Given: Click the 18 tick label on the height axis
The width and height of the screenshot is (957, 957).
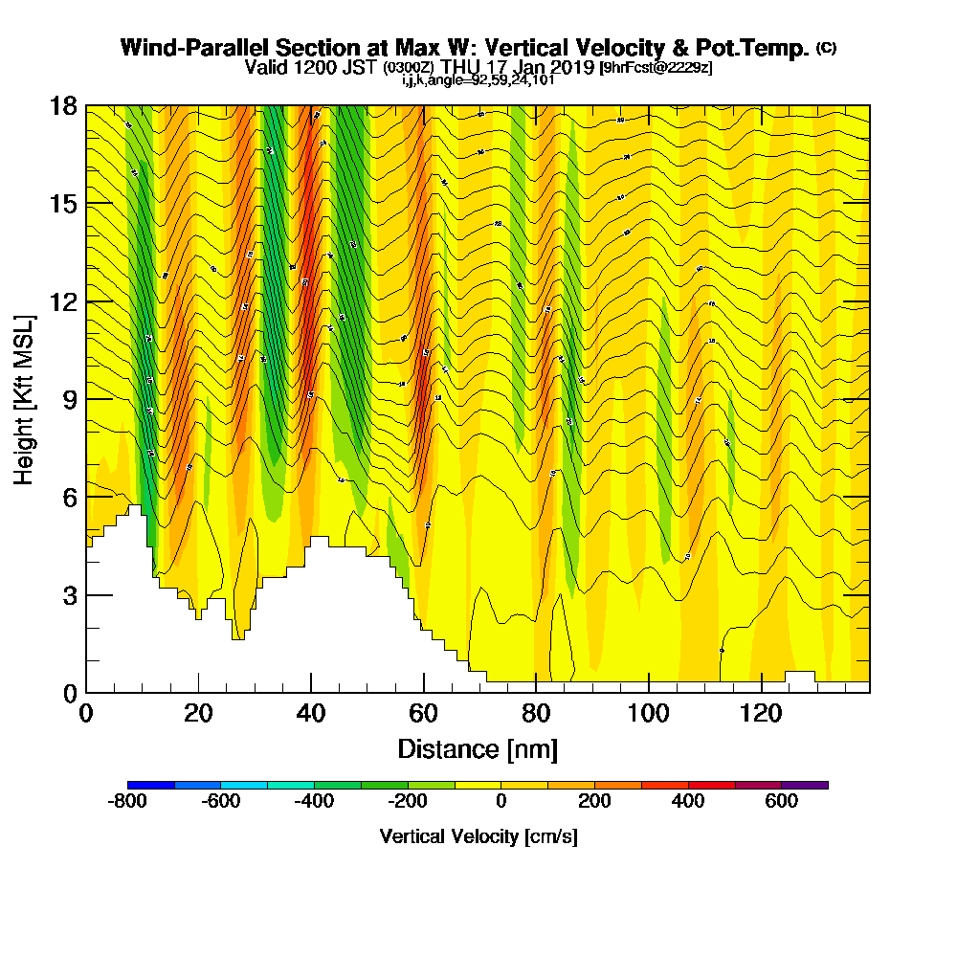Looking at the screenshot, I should (64, 105).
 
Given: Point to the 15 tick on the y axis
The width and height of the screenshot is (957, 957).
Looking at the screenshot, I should (64, 204).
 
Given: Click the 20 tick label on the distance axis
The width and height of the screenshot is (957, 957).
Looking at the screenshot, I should (198, 714).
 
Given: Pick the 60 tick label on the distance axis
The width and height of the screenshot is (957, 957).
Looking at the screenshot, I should (423, 714).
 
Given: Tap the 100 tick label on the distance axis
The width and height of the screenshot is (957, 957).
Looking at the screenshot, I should (648, 714).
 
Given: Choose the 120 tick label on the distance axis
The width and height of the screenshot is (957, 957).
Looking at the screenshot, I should (761, 714).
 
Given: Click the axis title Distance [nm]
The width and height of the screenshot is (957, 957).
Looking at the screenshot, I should (478, 748).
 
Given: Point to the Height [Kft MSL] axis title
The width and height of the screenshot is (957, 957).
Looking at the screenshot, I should (25, 399).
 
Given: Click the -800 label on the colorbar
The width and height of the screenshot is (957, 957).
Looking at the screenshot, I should (128, 802).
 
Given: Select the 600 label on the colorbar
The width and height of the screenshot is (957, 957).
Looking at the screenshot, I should (782, 802).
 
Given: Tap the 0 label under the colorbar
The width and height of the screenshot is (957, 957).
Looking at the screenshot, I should (501, 802).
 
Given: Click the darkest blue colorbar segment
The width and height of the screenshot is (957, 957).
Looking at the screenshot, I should (151, 785).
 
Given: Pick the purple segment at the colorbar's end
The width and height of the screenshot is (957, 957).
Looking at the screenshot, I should (805, 785).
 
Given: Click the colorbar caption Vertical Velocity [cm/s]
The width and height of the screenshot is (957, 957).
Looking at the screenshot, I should (478, 836).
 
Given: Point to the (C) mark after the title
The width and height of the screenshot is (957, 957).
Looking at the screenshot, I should (825, 47).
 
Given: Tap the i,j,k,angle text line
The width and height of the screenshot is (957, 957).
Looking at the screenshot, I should (478, 80).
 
